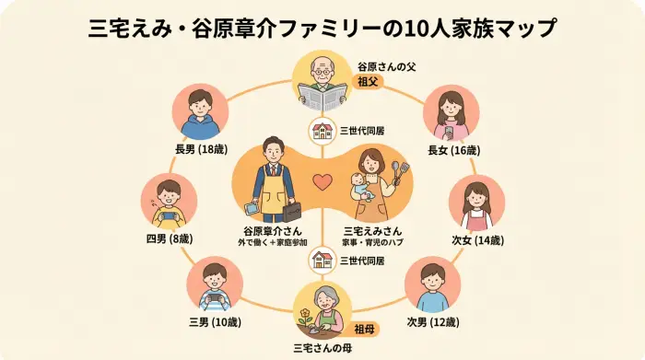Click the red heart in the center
[x=322, y=182]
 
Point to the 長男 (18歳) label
[x=201, y=148]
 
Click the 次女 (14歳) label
[x=477, y=240]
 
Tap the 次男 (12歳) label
[x=433, y=322]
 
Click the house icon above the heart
[x=322, y=131]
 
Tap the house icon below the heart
[x=322, y=261]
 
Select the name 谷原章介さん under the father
[x=272, y=231]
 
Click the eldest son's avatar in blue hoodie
[x=200, y=112]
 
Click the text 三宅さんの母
[x=322, y=348]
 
